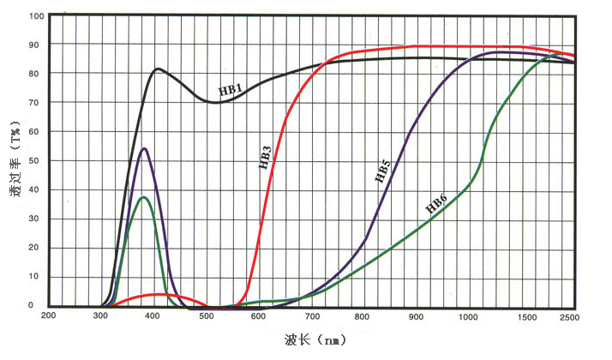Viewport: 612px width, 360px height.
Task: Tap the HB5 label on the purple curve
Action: tap(382, 171)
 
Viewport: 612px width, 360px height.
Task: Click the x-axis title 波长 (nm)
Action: tap(315, 342)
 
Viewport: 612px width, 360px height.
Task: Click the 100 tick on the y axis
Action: tap(35, 16)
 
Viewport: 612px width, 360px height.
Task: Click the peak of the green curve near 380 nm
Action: tap(144, 197)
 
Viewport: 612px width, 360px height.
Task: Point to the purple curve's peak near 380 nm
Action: tap(144, 149)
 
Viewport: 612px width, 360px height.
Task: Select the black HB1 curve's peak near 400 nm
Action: tap(159, 69)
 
